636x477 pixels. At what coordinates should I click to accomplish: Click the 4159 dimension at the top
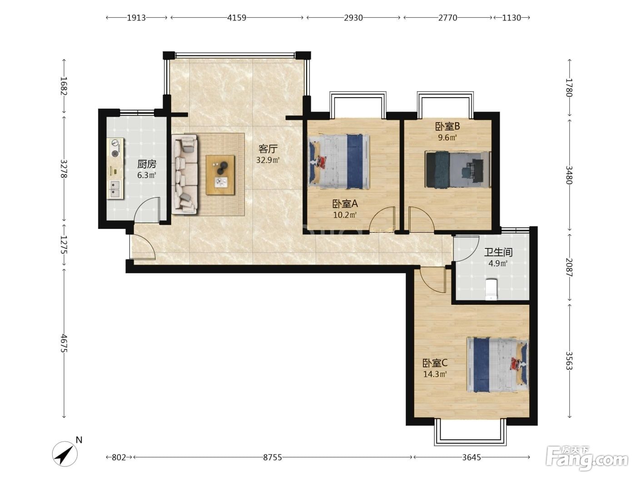tap(236, 18)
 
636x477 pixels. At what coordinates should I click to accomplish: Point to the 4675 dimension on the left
tap(64, 343)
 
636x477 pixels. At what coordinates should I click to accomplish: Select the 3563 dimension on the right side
tap(569, 361)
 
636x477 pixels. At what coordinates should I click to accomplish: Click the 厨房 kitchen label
tap(147, 164)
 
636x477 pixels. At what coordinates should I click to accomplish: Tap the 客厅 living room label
tap(268, 149)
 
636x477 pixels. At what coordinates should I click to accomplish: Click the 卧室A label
tap(345, 204)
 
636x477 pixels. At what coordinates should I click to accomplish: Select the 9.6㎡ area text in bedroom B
tap(447, 137)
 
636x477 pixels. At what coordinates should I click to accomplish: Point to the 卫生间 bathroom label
tap(498, 252)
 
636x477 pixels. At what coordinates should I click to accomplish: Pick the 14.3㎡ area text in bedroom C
tap(435, 374)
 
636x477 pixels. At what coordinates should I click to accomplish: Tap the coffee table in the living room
tap(220, 175)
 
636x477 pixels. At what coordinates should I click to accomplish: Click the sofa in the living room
tap(185, 174)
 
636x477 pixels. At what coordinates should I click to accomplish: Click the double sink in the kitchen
tap(115, 189)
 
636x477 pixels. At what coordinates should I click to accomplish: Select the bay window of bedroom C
tap(470, 432)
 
